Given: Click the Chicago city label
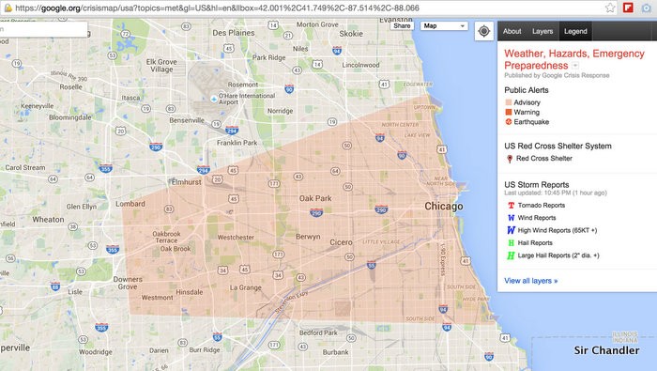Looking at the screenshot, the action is [x=443, y=207].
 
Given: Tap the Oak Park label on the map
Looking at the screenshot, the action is [x=316, y=199].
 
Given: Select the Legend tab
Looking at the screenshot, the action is [x=575, y=31].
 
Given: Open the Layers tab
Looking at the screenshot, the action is [x=542, y=31].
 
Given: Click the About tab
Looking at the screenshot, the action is [x=512, y=31].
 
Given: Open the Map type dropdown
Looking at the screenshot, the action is [x=444, y=26].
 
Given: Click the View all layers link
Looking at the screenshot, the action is [x=530, y=280].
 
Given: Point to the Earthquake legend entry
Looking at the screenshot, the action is [x=531, y=122].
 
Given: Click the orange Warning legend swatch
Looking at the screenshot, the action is [x=508, y=112].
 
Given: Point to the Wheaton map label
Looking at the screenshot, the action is [x=47, y=219].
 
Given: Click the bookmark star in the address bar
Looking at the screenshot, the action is [x=610, y=8].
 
